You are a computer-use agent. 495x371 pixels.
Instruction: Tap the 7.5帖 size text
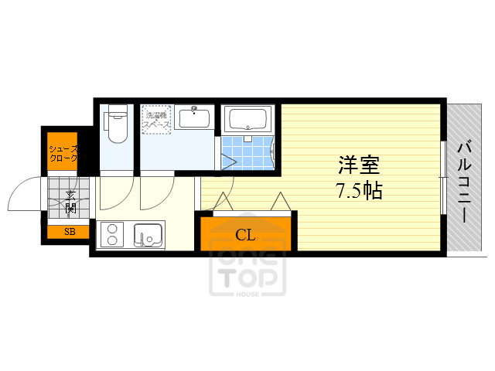[359, 191]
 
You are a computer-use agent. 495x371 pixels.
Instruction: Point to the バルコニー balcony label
[465, 181]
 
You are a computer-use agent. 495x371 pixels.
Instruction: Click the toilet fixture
[117, 125]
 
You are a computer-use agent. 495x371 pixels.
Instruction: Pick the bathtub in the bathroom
[247, 121]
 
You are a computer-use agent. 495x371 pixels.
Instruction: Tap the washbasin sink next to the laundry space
[193, 119]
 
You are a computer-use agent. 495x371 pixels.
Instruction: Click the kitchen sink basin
[147, 233]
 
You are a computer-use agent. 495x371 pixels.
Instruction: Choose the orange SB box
[70, 231]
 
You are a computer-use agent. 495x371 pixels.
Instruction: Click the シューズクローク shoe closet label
[63, 152]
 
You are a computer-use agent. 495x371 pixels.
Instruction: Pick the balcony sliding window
[442, 177]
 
